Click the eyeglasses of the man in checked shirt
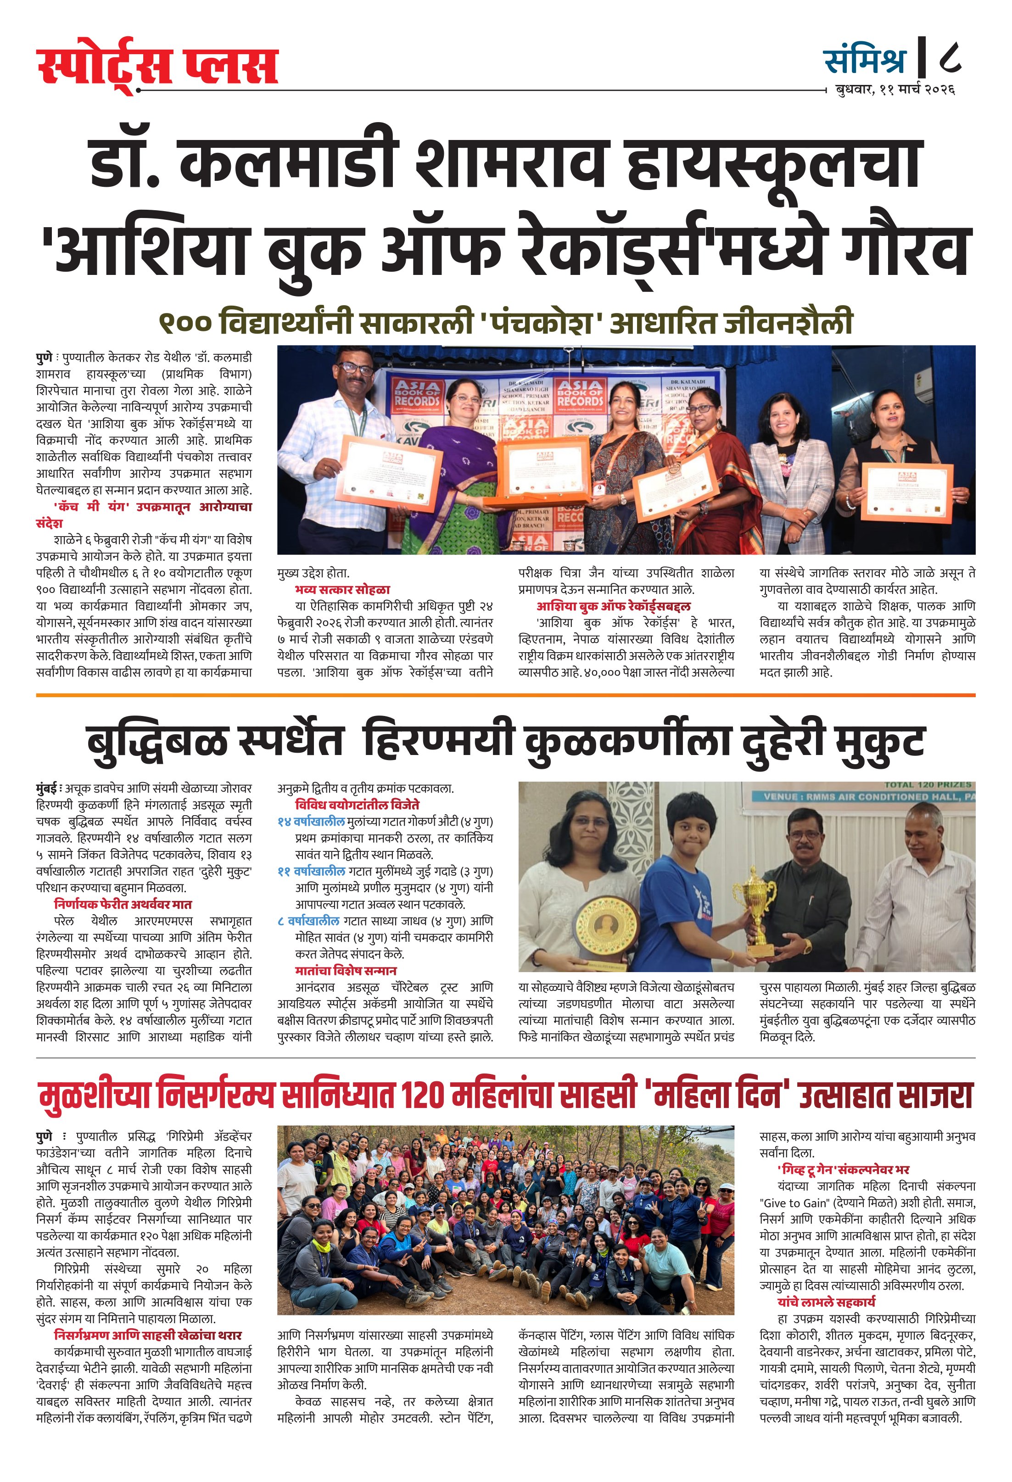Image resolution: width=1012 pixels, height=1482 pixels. (355, 368)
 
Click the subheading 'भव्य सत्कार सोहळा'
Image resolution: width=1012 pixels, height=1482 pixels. (342, 589)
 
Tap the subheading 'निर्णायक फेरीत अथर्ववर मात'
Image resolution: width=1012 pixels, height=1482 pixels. (123, 904)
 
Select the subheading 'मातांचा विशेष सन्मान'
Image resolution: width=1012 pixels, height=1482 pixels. (346, 971)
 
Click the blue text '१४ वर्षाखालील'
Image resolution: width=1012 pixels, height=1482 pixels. (311, 822)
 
